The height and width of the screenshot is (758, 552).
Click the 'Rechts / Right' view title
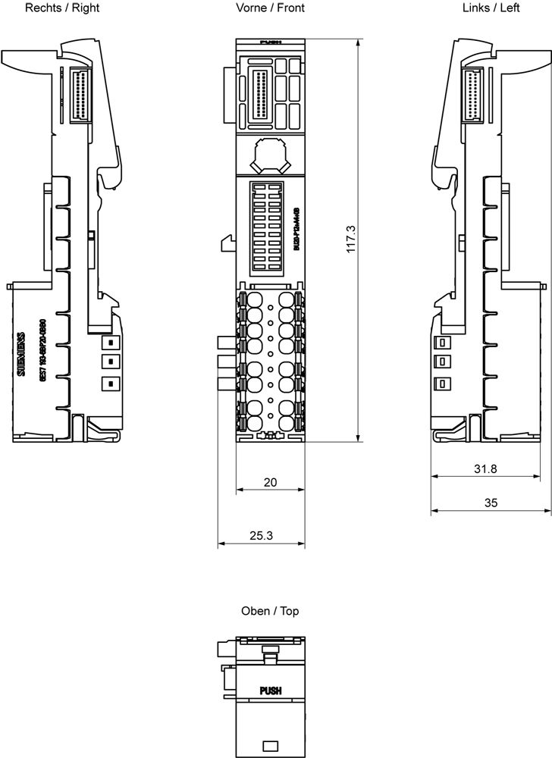click(62, 8)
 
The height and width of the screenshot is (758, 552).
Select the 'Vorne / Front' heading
click(270, 8)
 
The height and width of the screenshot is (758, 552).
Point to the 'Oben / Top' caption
click(270, 610)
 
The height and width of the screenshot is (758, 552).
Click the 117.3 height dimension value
click(351, 239)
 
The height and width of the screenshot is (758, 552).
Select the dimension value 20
click(270, 481)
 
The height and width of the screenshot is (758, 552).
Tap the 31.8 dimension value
click(485, 468)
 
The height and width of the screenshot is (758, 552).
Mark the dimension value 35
click(491, 503)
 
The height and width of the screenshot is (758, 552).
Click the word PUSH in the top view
click(270, 691)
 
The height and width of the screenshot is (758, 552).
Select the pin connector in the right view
click(79, 95)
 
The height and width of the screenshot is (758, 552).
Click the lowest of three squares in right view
click(110, 383)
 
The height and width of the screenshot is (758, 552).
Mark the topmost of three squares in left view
click(441, 343)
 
